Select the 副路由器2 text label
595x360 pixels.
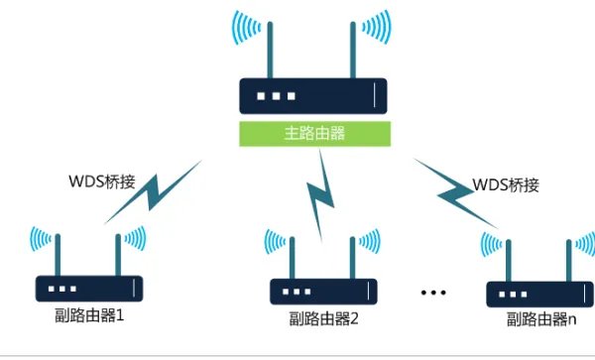[324, 319]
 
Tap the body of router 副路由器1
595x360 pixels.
[88, 289]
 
